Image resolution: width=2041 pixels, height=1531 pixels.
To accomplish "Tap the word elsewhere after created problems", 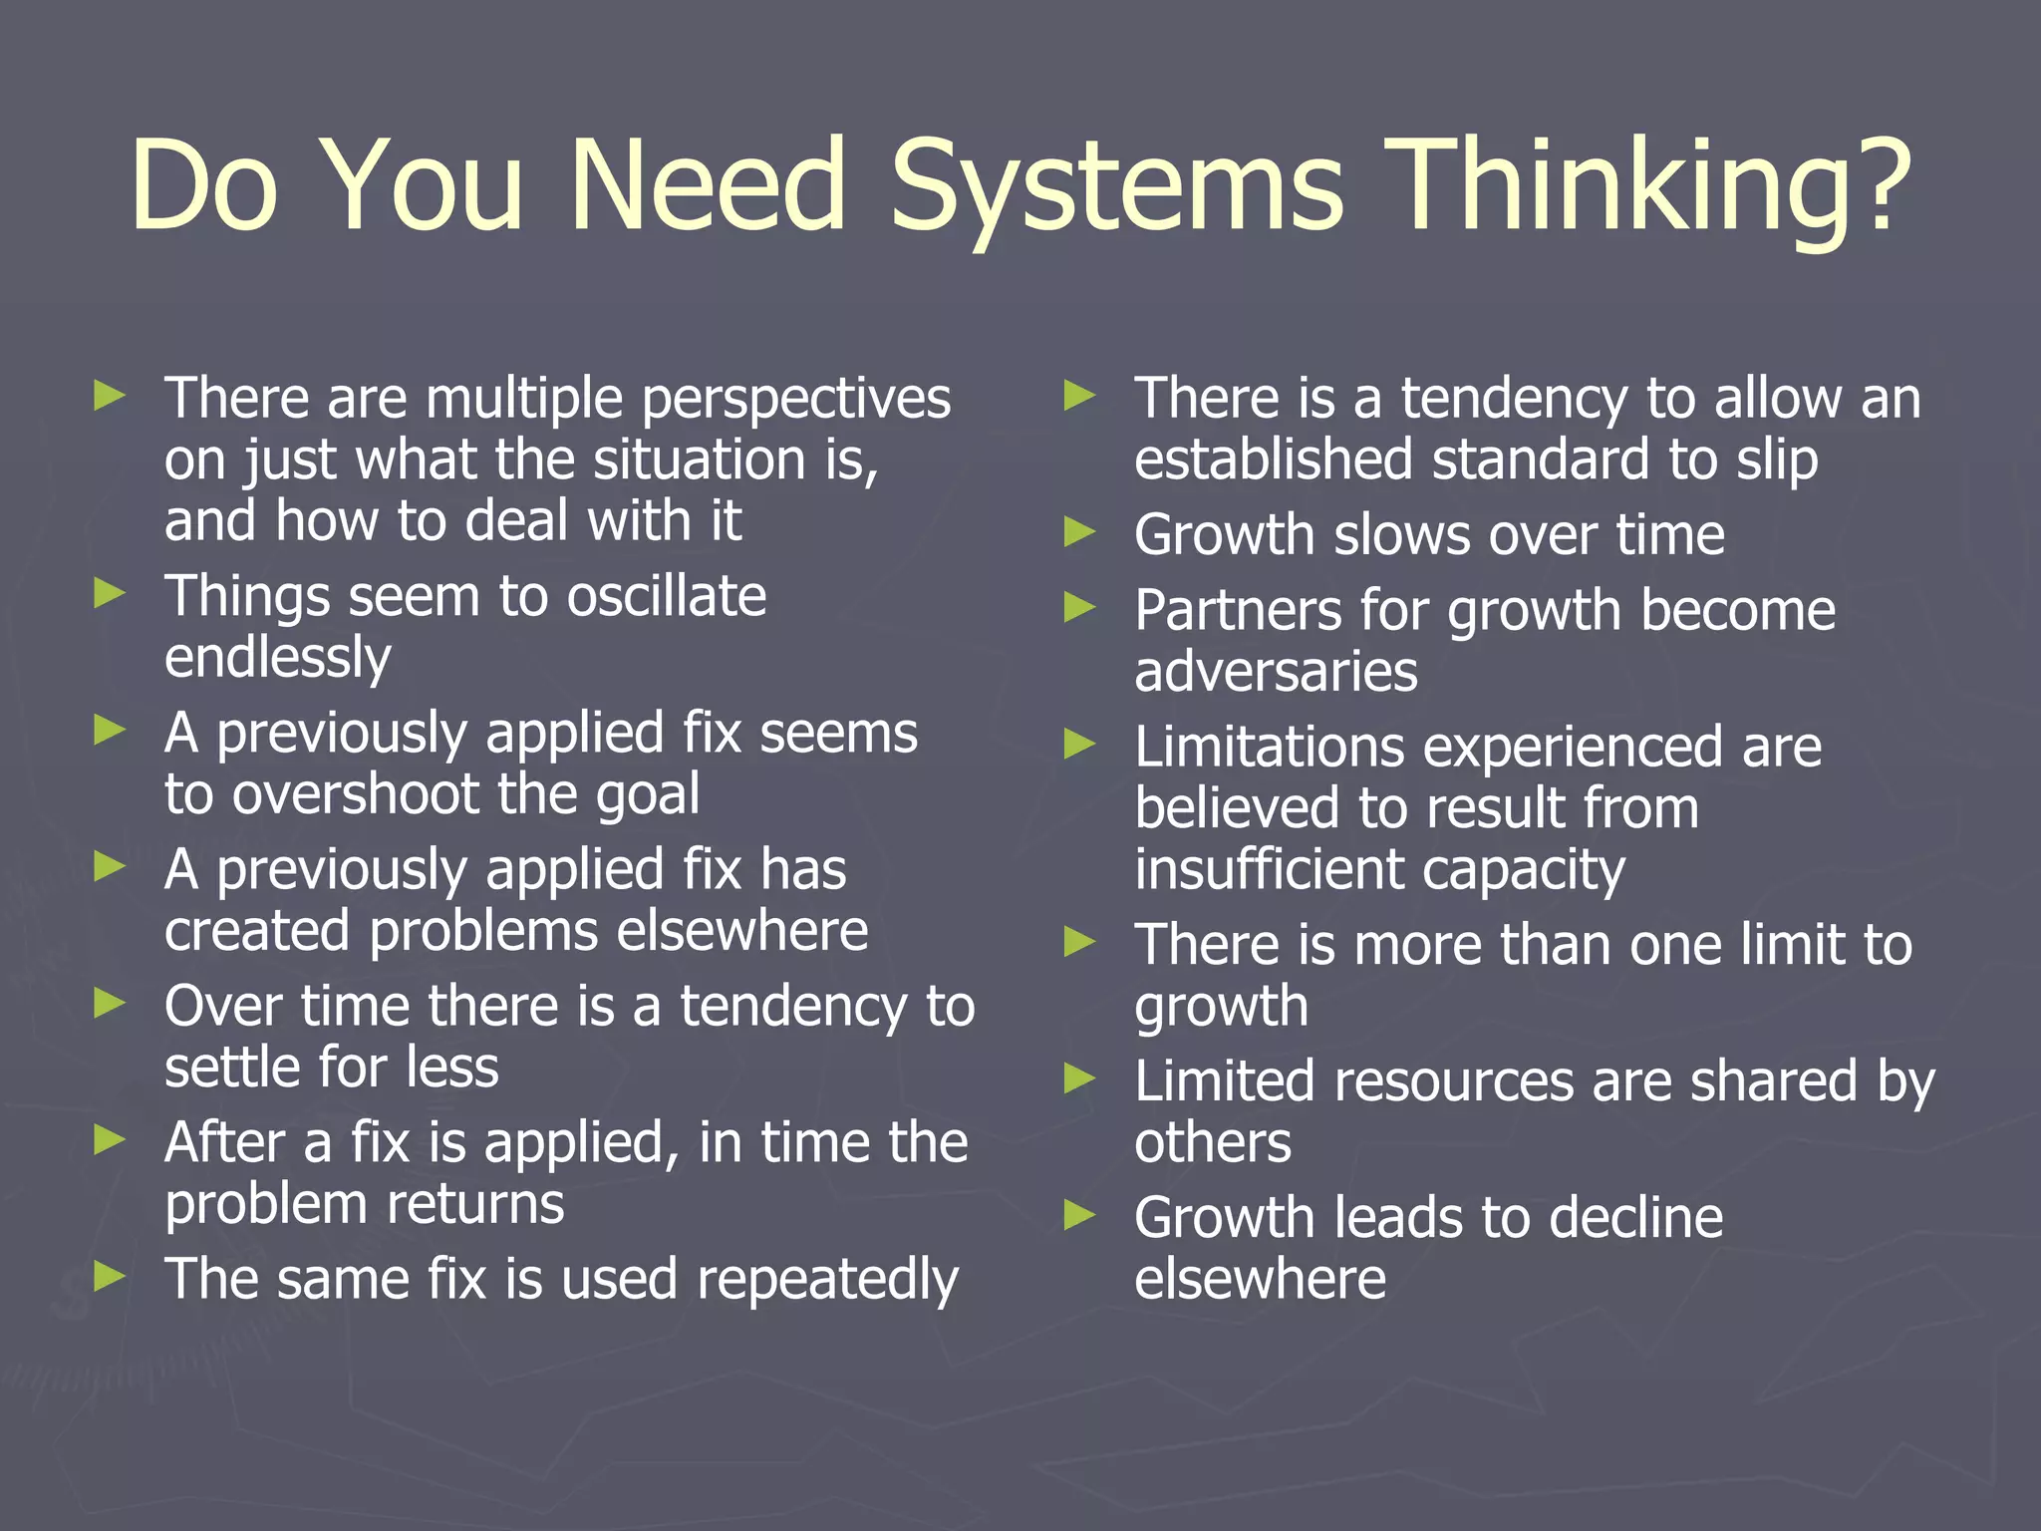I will tap(741, 932).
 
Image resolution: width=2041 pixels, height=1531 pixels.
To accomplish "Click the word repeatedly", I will tap(826, 1282).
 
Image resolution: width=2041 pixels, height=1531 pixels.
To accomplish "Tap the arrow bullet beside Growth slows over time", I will tap(1079, 532).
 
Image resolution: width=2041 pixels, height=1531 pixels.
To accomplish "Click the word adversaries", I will tap(1276, 672).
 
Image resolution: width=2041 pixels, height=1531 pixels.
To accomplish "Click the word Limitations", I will tap(1270, 748).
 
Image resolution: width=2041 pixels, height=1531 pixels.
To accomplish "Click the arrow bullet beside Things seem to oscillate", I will tap(110, 594).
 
